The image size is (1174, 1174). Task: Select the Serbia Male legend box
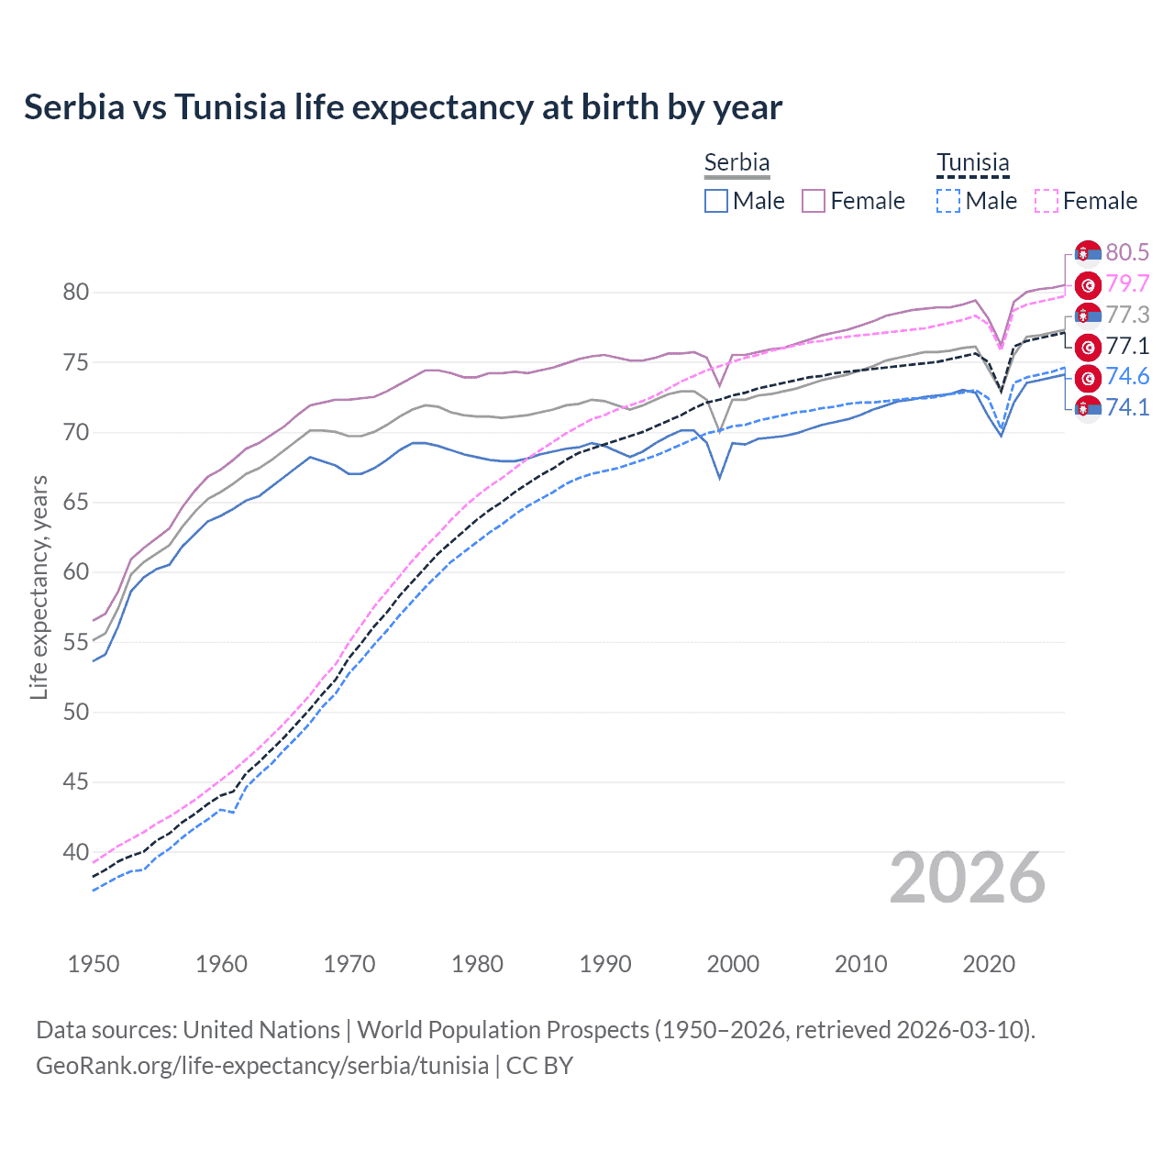click(x=716, y=201)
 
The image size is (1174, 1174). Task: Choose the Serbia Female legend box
click(x=814, y=201)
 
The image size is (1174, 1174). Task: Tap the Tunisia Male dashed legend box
click(x=948, y=201)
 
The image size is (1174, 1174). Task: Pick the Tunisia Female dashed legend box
click(x=1046, y=201)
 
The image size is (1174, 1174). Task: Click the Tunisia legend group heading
click(x=972, y=163)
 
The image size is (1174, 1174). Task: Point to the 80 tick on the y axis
click(x=75, y=293)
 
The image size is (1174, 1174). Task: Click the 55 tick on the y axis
click(x=75, y=642)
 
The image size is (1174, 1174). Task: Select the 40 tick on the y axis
click(x=75, y=852)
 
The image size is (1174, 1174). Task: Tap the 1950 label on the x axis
click(x=94, y=964)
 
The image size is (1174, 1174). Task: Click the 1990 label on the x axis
click(x=605, y=964)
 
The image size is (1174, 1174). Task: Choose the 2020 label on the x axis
click(x=989, y=964)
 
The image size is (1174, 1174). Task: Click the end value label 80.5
click(x=1127, y=252)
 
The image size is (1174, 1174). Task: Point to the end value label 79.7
click(x=1127, y=283)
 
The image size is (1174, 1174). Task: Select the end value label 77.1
click(x=1127, y=346)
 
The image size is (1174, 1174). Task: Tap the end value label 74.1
click(x=1127, y=407)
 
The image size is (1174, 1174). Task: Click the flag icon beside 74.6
click(x=1088, y=377)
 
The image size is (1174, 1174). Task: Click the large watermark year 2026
click(x=968, y=878)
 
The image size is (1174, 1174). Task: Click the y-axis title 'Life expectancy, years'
click(x=39, y=587)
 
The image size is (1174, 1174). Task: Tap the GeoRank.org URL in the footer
click(x=262, y=1066)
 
